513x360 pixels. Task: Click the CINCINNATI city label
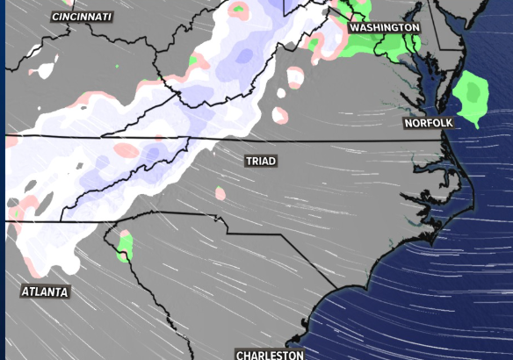(83, 17)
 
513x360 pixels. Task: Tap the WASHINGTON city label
(385, 28)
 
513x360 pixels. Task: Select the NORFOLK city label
(429, 123)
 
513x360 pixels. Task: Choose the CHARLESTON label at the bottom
(270, 355)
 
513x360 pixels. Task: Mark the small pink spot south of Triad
(220, 193)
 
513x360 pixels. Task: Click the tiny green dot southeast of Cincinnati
(117, 65)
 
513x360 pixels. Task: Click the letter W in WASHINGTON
(354, 28)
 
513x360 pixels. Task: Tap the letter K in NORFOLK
(450, 123)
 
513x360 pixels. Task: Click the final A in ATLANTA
(67, 292)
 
